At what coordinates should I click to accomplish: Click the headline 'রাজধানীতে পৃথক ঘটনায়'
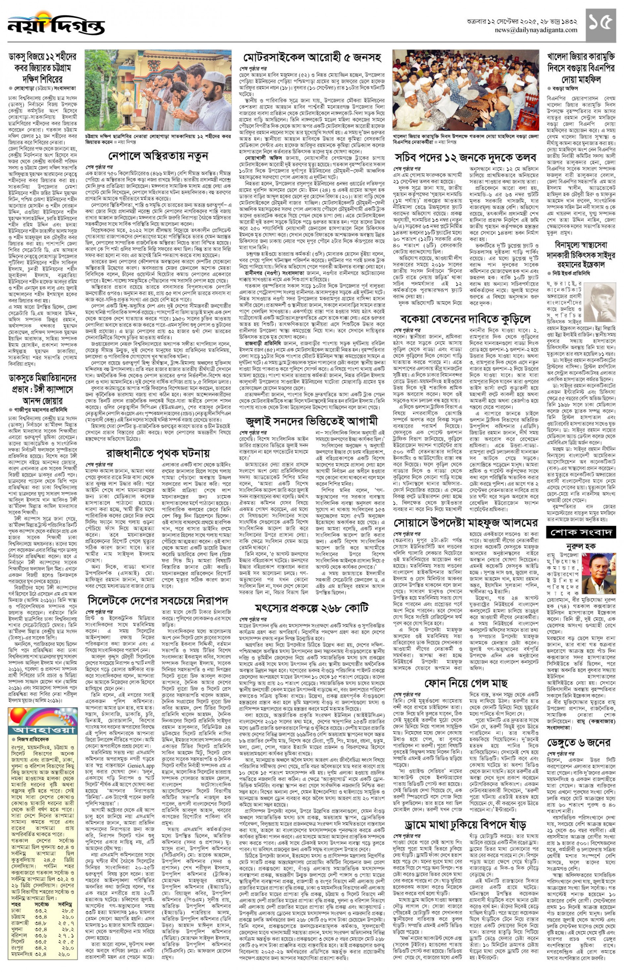click(x=158, y=453)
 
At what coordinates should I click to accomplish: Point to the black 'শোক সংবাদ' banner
click(x=581, y=532)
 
